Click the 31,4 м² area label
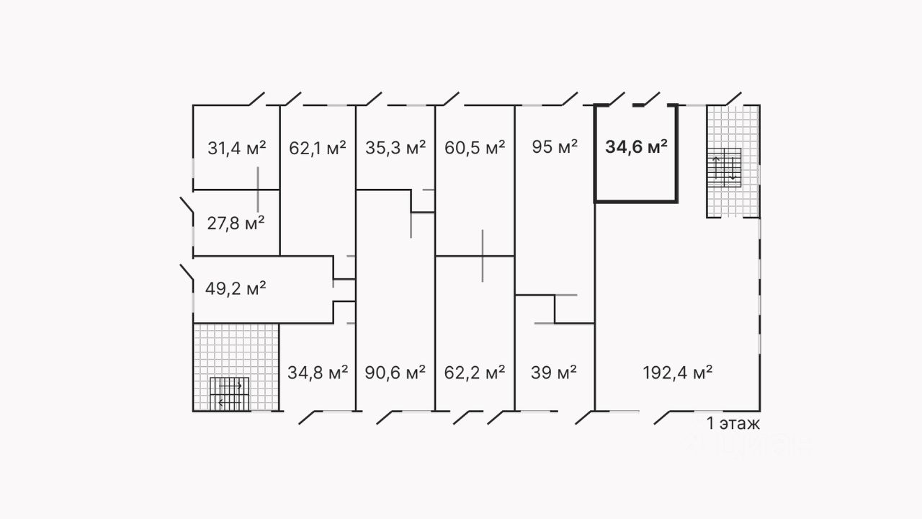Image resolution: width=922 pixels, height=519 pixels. coord(237,149)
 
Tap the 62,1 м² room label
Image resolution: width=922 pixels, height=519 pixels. coord(317,149)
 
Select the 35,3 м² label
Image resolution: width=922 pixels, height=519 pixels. coord(395,149)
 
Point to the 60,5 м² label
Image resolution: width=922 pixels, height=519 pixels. coord(475,149)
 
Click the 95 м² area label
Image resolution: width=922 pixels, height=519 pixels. coord(555,148)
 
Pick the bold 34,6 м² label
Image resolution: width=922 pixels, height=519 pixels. coord(635,148)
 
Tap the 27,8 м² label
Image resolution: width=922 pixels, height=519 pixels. coord(235,223)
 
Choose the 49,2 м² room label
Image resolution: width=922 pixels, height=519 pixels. coord(236,289)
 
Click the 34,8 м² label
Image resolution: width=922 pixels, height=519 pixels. coord(318,373)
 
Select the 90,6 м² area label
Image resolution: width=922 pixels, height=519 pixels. coord(395,373)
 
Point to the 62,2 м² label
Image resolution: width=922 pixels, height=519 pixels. coord(475,373)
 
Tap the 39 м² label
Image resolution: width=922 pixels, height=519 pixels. coord(554,373)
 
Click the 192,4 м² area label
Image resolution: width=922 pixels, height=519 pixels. coord(677,373)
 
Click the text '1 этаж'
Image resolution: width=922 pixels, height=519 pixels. coord(733,423)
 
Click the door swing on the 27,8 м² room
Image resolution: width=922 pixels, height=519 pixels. coord(186,207)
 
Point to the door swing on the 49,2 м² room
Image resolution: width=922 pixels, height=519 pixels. coord(186,273)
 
